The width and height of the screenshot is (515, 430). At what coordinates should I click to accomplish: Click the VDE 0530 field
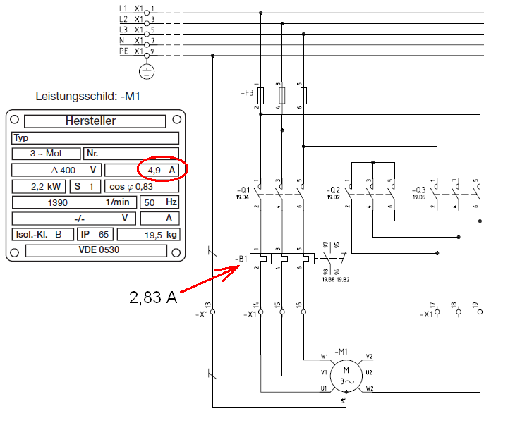pyautogui.click(x=97, y=250)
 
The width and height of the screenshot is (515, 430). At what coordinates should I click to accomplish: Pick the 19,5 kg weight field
pyautogui.click(x=147, y=234)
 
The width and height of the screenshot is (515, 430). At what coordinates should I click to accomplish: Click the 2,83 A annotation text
pyautogui.click(x=151, y=297)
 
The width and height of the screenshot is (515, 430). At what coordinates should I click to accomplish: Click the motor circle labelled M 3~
pyautogui.click(x=346, y=375)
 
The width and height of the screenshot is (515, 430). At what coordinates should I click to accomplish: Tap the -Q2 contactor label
pyautogui.click(x=334, y=190)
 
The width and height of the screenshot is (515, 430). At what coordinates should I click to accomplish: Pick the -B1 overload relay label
pyautogui.click(x=241, y=259)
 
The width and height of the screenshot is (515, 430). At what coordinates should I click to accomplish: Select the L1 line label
pyautogui.click(x=123, y=9)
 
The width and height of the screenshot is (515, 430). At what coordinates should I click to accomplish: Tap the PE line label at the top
pyautogui.click(x=123, y=51)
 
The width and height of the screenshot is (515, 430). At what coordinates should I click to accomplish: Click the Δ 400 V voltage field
pyautogui.click(x=56, y=171)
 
